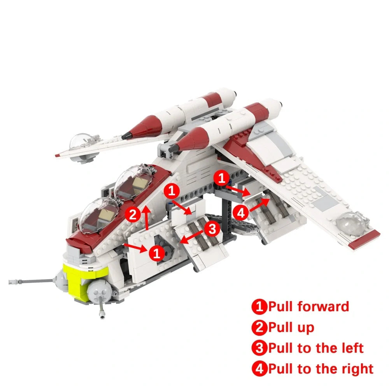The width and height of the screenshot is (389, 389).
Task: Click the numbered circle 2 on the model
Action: (x=133, y=215)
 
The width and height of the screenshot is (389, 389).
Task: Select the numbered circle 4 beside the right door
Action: (x=241, y=212)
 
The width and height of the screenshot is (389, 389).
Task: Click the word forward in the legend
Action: (x=323, y=307)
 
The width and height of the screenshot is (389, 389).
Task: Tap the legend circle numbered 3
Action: (x=259, y=348)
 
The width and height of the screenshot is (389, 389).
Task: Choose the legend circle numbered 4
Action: (x=259, y=368)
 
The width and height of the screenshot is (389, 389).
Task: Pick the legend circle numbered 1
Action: (x=259, y=307)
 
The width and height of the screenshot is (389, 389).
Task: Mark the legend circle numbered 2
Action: (x=259, y=327)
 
